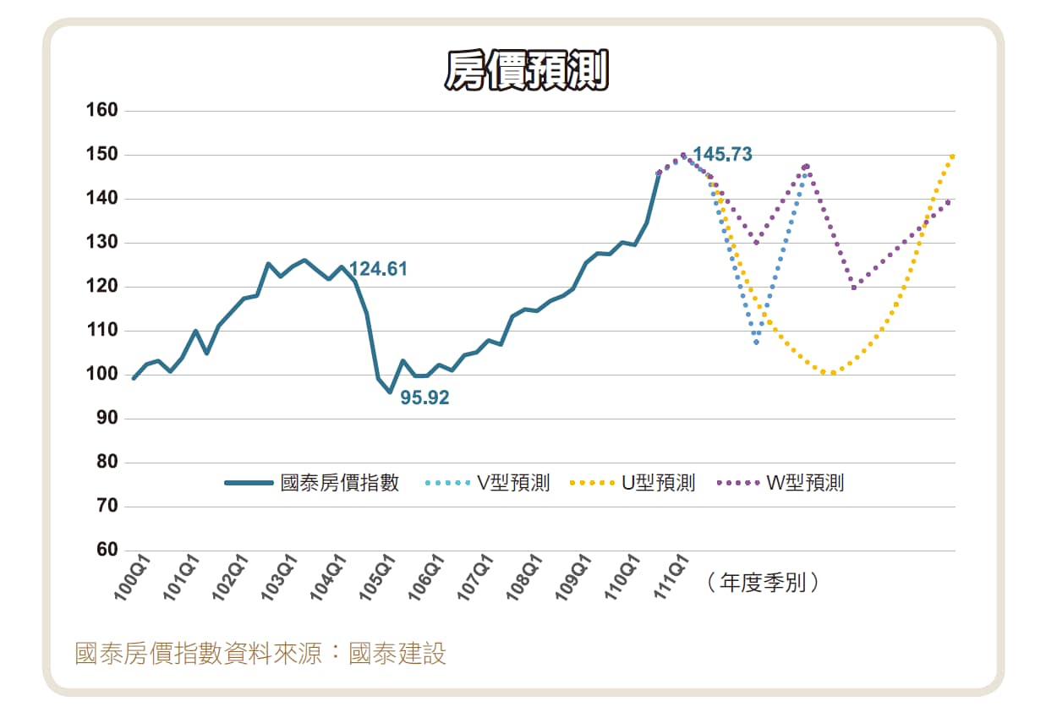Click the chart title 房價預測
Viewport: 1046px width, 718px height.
click(x=527, y=70)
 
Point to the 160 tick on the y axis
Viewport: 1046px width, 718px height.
click(x=101, y=110)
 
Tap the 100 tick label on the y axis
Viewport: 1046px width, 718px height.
click(x=101, y=374)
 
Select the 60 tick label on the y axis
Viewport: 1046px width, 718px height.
click(x=107, y=550)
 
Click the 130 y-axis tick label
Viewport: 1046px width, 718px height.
click(x=101, y=242)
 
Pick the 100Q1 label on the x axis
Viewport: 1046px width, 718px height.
click(x=132, y=578)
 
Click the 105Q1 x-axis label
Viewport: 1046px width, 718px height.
click(x=377, y=578)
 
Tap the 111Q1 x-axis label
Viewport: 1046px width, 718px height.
click(x=671, y=578)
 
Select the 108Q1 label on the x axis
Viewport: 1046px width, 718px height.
click(x=524, y=578)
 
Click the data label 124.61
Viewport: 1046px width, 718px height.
click(x=378, y=269)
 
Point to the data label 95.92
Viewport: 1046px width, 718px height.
click(x=424, y=397)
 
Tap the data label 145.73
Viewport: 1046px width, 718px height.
click(x=722, y=154)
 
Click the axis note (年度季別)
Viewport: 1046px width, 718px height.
click(x=763, y=583)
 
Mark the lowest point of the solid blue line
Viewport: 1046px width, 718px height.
click(x=390, y=392)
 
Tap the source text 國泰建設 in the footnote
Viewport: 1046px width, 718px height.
click(x=397, y=654)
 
